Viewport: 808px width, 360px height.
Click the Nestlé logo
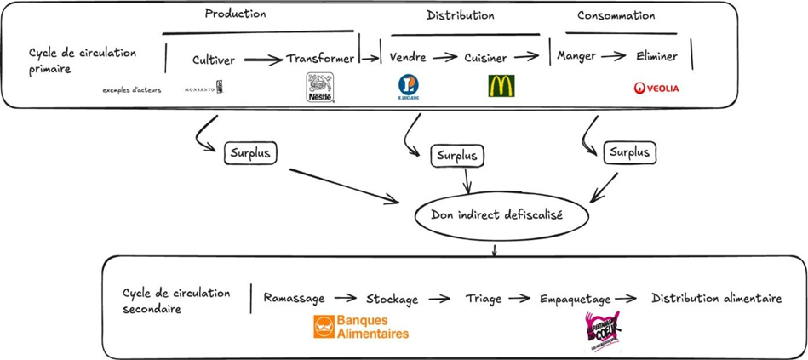(x=320, y=88)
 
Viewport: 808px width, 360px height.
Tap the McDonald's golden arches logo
(x=500, y=87)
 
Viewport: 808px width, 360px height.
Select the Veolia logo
(x=656, y=88)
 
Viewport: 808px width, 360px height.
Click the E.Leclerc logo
(x=409, y=88)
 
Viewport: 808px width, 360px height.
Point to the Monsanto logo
(x=203, y=88)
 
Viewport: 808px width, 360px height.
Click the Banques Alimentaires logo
(x=361, y=327)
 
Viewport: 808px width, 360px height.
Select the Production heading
(x=235, y=14)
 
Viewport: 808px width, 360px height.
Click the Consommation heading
(x=616, y=15)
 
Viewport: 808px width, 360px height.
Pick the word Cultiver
(x=212, y=60)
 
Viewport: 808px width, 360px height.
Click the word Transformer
(x=320, y=59)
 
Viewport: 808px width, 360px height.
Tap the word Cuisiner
(x=485, y=59)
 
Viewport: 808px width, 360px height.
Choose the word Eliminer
(x=656, y=57)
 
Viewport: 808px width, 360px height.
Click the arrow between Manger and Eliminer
(x=609, y=57)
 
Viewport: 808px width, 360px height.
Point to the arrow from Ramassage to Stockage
(x=345, y=299)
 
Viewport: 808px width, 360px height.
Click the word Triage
(x=483, y=299)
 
